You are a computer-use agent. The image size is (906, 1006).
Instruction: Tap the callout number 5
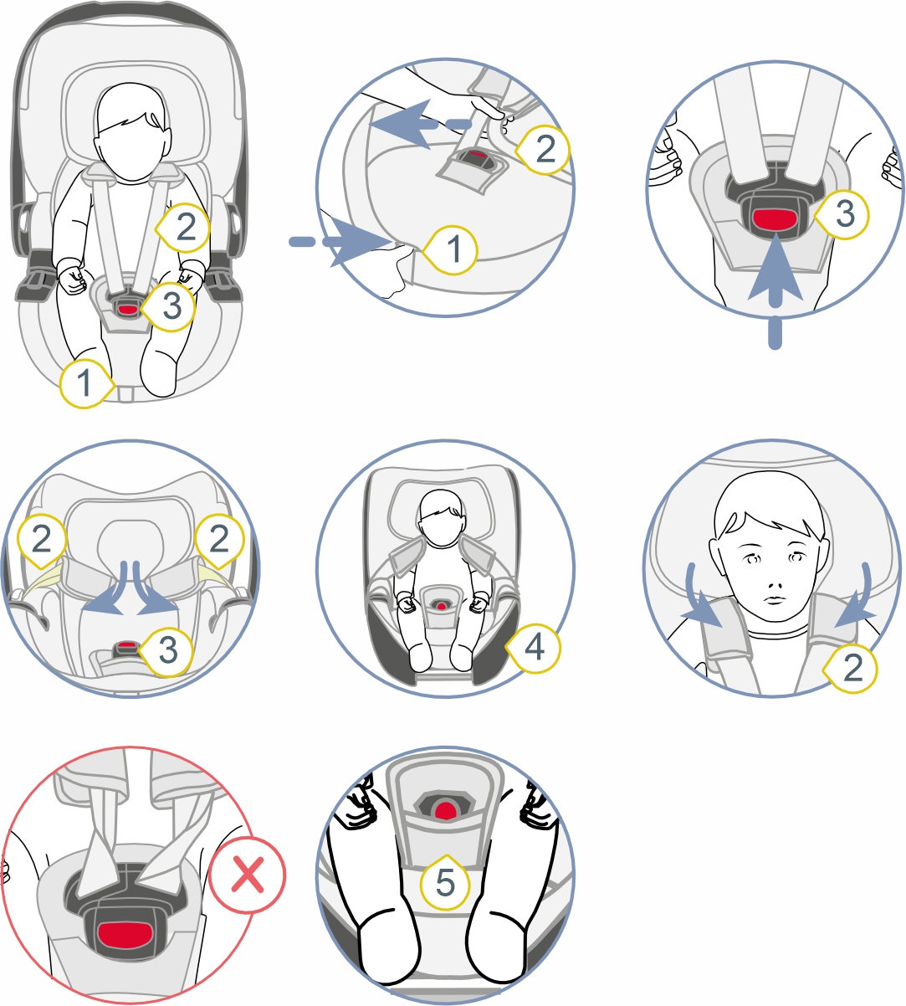coord(445,882)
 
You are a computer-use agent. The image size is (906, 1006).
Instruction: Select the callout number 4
coord(534,647)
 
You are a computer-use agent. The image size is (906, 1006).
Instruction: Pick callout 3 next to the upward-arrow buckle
coord(842,214)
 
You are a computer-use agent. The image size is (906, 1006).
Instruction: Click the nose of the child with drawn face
coord(775,585)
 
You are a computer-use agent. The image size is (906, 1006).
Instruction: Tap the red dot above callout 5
coord(444,810)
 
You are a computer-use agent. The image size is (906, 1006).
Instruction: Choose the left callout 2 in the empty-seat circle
coord(42,539)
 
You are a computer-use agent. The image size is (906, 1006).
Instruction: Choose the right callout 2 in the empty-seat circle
coord(219,539)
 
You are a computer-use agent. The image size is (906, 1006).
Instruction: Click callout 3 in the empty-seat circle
coord(167,651)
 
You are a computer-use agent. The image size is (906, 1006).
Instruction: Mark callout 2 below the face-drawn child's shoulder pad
coord(852,668)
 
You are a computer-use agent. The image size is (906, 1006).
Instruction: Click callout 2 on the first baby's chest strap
coord(184,228)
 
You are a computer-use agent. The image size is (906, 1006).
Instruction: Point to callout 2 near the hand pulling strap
coord(544,149)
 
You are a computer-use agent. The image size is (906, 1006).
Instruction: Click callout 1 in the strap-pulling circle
coord(452,249)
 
